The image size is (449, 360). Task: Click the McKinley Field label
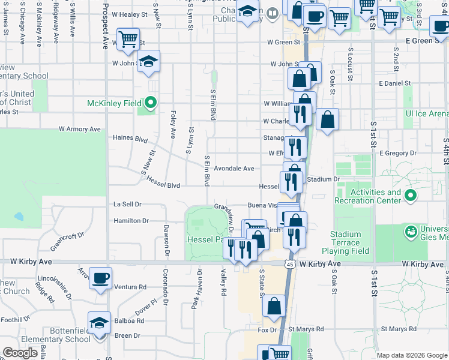tap(114, 103)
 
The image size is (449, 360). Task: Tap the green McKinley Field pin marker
tap(150, 103)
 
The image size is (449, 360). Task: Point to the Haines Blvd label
tap(130, 138)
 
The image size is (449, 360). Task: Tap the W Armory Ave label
tap(79, 129)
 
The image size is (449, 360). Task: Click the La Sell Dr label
tap(127, 204)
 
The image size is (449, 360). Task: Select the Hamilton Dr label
tap(131, 221)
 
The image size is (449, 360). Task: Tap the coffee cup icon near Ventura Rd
tap(100, 278)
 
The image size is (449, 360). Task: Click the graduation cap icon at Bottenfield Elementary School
tap(99, 323)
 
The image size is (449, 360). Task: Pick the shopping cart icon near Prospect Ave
tap(128, 40)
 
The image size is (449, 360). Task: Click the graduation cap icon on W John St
tap(148, 61)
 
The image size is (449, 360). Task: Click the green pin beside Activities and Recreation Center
tap(411, 196)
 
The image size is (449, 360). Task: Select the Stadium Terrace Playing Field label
tap(345, 243)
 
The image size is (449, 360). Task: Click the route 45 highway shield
tap(290, 264)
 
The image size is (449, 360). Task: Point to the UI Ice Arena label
tap(427, 113)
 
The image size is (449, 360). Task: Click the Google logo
tap(20, 353)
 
